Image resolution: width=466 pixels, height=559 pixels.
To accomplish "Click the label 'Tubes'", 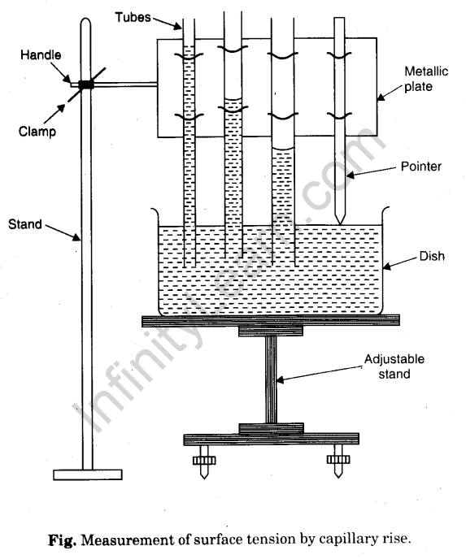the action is tap(133, 18).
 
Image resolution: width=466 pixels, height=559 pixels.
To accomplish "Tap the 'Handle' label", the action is tap(41, 55).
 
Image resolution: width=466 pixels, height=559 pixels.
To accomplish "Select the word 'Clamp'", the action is tap(37, 132).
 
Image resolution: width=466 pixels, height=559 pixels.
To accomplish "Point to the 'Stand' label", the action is tap(25, 224).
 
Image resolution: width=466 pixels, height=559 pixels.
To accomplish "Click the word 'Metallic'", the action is tap(426, 71).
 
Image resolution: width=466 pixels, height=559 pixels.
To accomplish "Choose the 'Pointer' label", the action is tap(421, 167).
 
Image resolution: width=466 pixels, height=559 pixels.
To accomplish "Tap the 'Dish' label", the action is tap(432, 256).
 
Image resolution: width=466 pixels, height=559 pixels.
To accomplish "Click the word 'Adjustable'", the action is tap(394, 359).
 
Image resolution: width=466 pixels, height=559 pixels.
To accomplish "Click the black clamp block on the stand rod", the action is tap(86, 84).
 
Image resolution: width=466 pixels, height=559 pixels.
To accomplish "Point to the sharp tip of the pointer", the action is tap(340, 224).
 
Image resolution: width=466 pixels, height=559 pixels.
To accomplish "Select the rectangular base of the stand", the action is tap(88, 474).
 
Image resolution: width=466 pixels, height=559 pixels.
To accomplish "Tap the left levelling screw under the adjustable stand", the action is tap(204, 463).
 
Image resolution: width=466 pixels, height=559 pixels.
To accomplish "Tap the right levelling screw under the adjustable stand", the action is tap(338, 461).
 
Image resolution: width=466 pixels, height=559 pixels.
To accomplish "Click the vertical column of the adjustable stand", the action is tap(271, 380).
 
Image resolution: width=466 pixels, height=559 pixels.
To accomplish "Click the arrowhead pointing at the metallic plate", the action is tap(381, 97).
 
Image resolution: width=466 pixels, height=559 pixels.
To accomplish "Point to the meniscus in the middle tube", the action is tap(233, 98).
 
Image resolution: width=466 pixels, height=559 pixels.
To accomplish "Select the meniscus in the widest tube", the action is tap(283, 147).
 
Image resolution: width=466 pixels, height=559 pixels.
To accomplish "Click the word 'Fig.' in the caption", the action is tap(63, 540).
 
